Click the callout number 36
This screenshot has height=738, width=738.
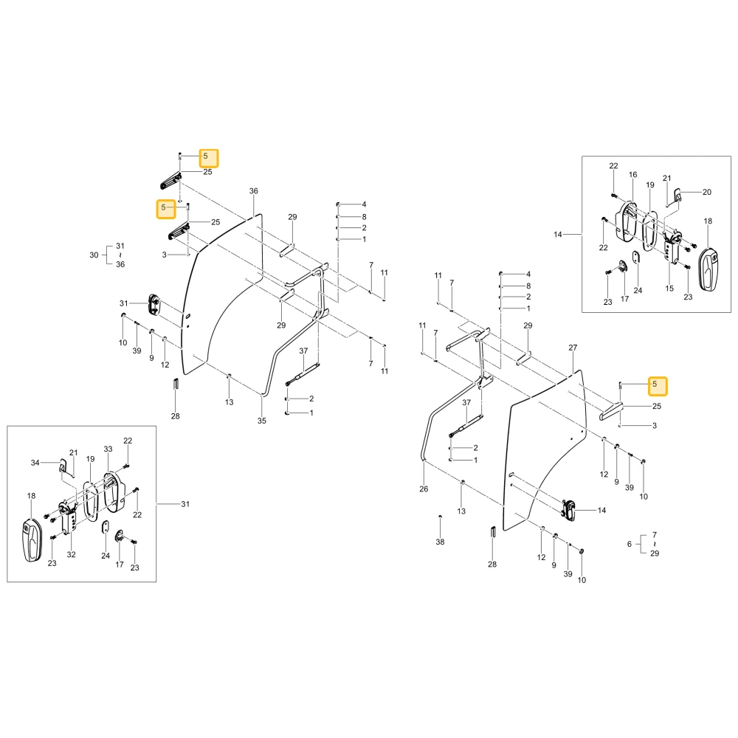point(254,191)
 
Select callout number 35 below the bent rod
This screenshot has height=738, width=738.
point(262,421)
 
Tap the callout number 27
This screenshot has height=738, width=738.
point(573,348)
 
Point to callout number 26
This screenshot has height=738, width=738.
point(424,489)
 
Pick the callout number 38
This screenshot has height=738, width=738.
point(440,542)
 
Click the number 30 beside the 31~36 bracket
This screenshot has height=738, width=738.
point(94,255)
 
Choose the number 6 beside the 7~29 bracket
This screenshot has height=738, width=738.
point(630,544)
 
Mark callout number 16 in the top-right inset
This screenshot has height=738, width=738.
point(633,175)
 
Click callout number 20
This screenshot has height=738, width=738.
point(707,192)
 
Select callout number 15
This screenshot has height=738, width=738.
point(670,289)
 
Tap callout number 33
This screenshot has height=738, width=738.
point(108,449)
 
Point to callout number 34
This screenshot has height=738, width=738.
point(35,463)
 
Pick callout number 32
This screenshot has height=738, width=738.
point(71,554)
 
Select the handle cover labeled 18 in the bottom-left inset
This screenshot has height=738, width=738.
point(33,540)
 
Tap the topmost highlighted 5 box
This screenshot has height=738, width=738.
point(209,158)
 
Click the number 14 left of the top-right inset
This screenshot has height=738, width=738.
point(558,235)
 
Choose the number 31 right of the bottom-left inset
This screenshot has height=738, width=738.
point(185,504)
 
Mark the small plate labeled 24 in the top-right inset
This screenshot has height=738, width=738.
point(636,258)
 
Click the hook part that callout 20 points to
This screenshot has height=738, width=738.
point(678,194)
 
